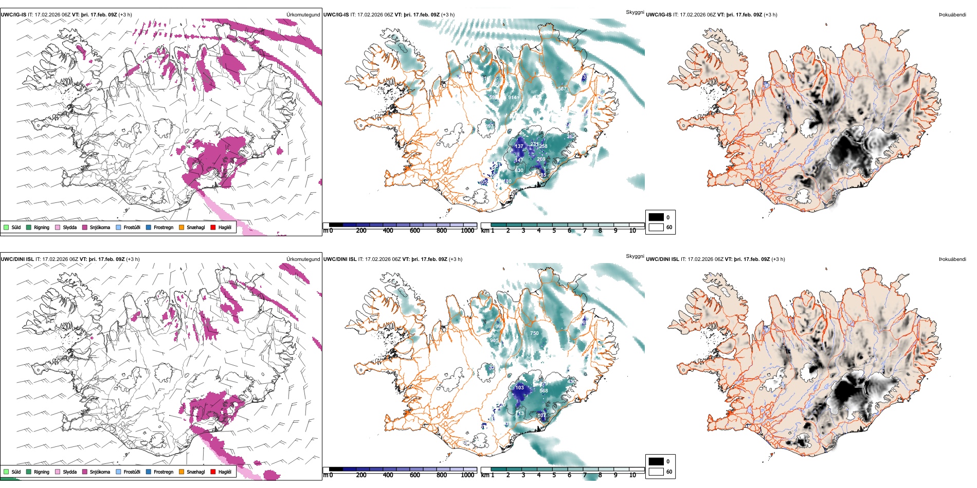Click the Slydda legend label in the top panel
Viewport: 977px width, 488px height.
[x=69, y=228]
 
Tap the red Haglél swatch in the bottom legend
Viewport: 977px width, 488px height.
[x=213, y=472]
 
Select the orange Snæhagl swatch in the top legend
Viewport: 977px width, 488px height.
[x=182, y=227]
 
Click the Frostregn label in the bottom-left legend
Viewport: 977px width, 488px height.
[x=163, y=472]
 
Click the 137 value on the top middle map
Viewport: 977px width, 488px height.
[x=519, y=146]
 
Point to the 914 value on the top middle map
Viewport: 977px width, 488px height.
[x=513, y=98]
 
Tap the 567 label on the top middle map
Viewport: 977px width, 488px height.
[x=562, y=89]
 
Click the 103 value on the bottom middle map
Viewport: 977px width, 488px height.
[x=519, y=388]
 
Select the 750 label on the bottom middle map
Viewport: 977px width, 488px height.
[x=535, y=333]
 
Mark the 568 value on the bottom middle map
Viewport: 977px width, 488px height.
[x=544, y=391]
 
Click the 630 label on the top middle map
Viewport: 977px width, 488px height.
[x=519, y=171]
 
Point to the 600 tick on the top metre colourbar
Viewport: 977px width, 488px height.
[x=415, y=231]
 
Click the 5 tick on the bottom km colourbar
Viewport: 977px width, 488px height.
[x=554, y=476]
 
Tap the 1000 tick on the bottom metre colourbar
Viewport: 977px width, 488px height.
[x=467, y=476]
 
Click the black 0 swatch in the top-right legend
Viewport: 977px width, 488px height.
[x=656, y=217]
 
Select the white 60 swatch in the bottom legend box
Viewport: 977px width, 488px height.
[x=656, y=472]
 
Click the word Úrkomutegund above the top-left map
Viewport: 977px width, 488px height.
[x=303, y=15]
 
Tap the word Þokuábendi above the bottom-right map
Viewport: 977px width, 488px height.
[x=952, y=259]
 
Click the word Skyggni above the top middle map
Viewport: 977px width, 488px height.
[x=635, y=12]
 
